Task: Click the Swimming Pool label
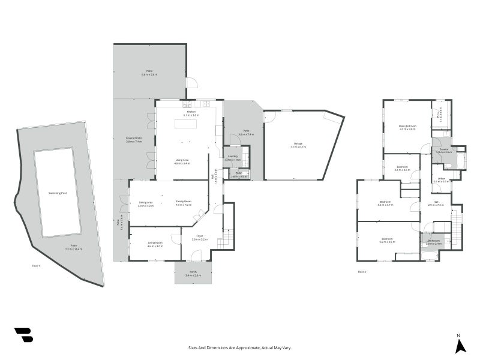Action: click(57, 193)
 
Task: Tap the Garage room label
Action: click(298, 143)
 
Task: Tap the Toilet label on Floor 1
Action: click(238, 173)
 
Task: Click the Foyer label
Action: click(199, 236)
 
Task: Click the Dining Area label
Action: click(145, 202)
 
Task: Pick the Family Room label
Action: click(184, 202)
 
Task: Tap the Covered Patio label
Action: click(134, 139)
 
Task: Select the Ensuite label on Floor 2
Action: click(443, 149)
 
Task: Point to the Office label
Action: click(441, 178)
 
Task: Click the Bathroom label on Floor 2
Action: click(434, 241)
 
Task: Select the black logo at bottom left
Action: click(23, 335)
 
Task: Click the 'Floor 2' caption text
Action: click(362, 272)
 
